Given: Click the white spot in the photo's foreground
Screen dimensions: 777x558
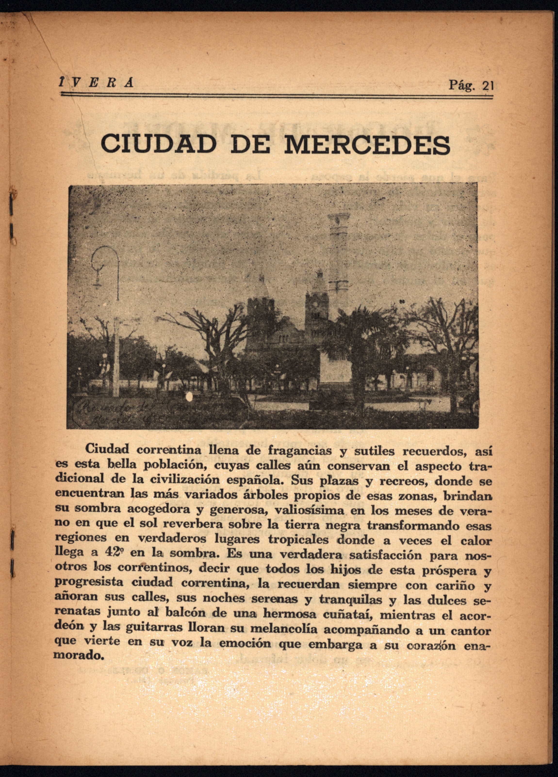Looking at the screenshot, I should pyautogui.click(x=188, y=398).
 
